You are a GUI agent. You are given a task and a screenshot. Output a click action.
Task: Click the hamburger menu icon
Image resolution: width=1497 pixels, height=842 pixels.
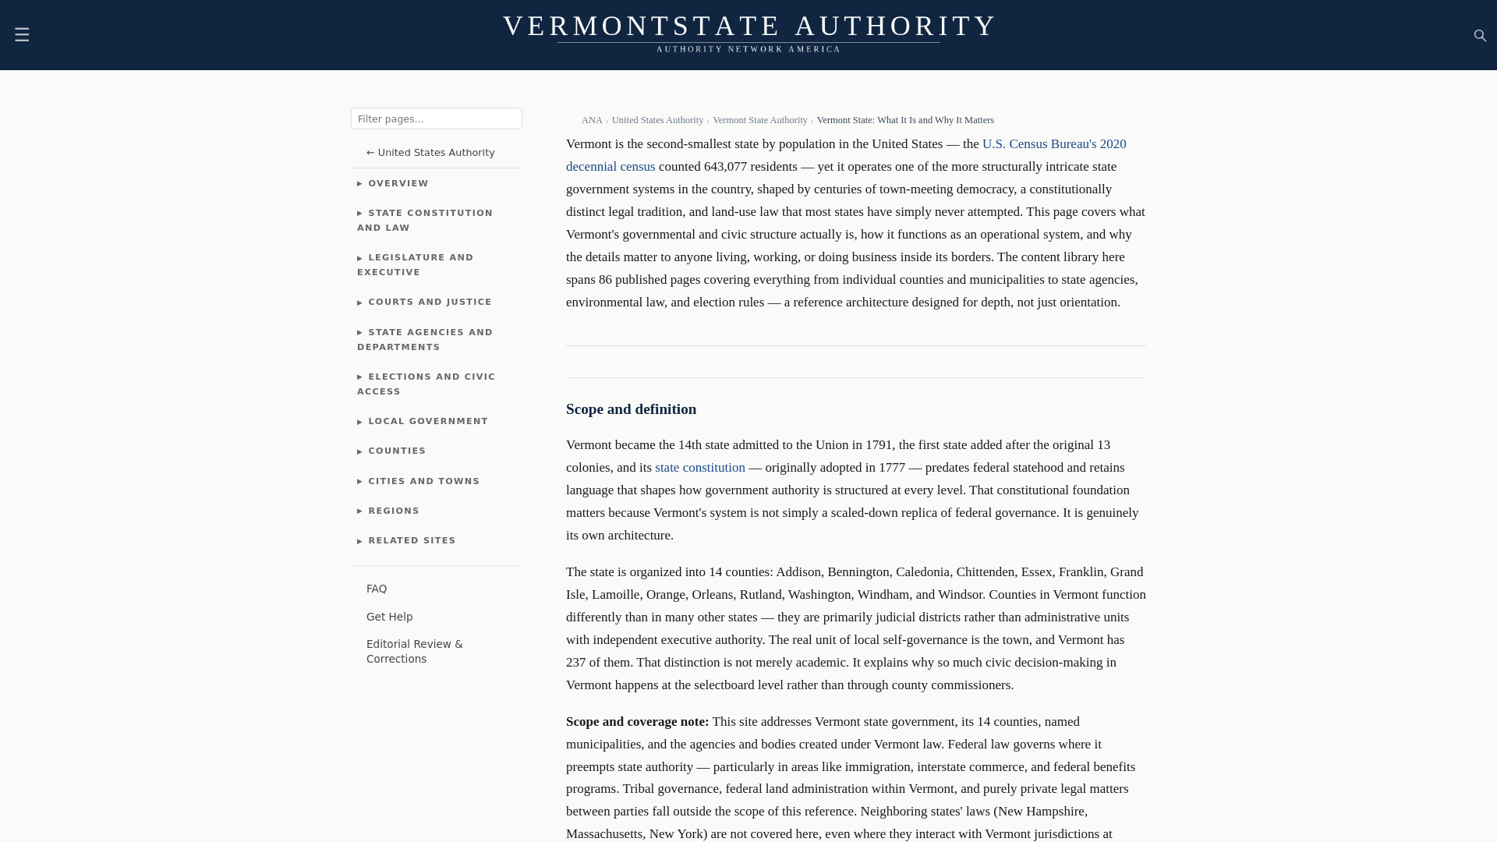click(x=22, y=34)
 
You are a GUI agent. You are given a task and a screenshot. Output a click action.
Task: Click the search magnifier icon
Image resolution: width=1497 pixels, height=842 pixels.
click(x=1480, y=36)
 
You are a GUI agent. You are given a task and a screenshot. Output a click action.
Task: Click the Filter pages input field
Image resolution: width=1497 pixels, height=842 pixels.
click(x=436, y=119)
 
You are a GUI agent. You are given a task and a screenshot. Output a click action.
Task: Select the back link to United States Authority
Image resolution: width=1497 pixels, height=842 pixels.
click(x=430, y=153)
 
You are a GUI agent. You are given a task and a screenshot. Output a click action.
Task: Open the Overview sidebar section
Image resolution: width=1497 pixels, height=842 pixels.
click(x=398, y=184)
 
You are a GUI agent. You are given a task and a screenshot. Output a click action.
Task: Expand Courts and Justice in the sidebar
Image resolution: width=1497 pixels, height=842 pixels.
click(x=430, y=302)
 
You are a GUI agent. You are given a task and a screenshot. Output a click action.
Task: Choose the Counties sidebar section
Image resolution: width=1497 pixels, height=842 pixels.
click(x=397, y=451)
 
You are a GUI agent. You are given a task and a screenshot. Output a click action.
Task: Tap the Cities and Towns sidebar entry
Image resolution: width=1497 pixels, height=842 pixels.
click(x=423, y=482)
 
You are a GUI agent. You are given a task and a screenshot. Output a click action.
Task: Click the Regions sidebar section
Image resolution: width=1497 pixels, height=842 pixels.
click(x=394, y=511)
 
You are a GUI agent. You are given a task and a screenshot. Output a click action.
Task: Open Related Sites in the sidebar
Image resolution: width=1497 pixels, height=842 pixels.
click(x=412, y=541)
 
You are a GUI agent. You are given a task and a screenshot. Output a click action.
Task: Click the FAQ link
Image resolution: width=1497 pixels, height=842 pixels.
click(x=377, y=589)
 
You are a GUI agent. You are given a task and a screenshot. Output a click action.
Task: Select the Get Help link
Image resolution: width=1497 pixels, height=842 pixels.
click(x=390, y=617)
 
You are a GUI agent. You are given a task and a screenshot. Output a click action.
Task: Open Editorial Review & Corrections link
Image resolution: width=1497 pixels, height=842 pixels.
click(x=414, y=652)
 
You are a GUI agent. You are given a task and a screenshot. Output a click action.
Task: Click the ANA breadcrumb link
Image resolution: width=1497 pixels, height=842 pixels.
click(x=592, y=120)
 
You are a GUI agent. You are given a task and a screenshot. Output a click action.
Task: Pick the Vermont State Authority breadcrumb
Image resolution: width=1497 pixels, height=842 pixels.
click(x=759, y=120)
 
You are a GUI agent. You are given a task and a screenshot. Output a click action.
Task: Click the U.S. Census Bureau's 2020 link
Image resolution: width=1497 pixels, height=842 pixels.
click(x=1053, y=144)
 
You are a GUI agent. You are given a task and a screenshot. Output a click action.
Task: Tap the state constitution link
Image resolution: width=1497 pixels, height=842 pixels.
click(x=699, y=468)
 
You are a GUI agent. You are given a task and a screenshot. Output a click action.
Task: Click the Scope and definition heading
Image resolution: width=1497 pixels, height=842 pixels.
click(x=631, y=409)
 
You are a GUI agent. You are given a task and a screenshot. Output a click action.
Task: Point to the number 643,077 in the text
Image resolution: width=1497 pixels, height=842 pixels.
click(x=725, y=167)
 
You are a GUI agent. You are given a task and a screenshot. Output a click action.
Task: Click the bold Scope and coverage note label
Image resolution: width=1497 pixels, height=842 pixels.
click(x=637, y=722)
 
